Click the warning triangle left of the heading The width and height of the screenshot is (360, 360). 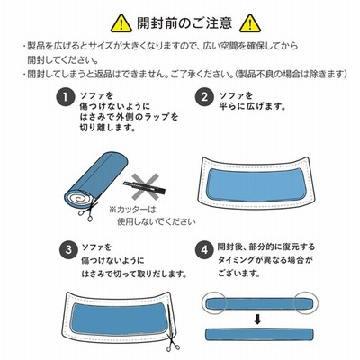[x=121, y=23]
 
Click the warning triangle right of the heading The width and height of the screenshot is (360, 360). [x=250, y=23]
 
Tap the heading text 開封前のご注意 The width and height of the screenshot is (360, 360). [x=184, y=23]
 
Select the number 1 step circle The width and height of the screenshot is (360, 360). [x=65, y=97]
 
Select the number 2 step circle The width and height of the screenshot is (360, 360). [x=204, y=97]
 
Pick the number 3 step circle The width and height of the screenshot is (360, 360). [x=68, y=249]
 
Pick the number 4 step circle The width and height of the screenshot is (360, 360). [x=204, y=249]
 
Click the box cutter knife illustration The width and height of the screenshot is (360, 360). [x=144, y=186]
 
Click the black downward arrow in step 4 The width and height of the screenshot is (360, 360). [x=257, y=320]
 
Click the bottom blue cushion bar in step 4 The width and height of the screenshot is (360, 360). [x=259, y=335]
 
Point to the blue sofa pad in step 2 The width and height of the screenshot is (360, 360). [x=255, y=185]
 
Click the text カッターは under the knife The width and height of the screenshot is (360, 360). [x=132, y=210]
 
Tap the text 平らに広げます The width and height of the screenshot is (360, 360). [x=252, y=106]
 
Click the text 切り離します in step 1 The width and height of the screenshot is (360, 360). [x=107, y=128]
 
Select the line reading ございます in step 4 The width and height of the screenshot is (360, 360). [x=238, y=274]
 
